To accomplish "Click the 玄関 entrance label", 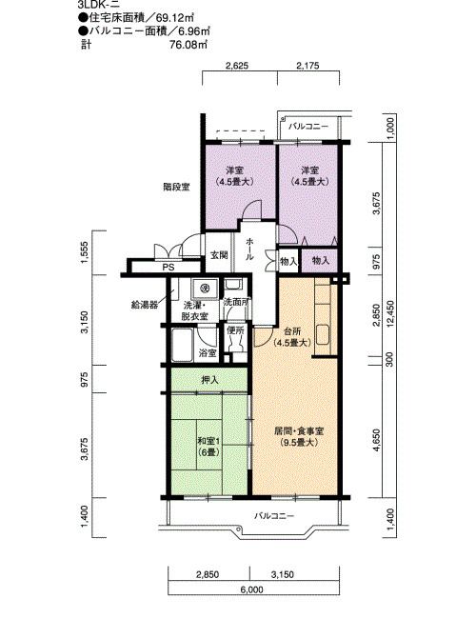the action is pyautogui.click(x=219, y=255).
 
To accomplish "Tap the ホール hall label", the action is pyautogui.click(x=249, y=249).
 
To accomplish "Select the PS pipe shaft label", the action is pyautogui.click(x=169, y=268).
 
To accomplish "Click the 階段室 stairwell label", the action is pyautogui.click(x=176, y=187).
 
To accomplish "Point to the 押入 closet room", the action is pyautogui.click(x=209, y=380).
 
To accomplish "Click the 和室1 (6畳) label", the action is pyautogui.click(x=208, y=446).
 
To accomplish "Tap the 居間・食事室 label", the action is pyautogui.click(x=299, y=436).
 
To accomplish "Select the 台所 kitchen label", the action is pyautogui.click(x=292, y=337).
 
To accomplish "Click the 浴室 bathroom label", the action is pyautogui.click(x=208, y=353).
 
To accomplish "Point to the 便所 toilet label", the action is pyautogui.click(x=235, y=330).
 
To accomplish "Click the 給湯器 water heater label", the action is pyautogui.click(x=145, y=305).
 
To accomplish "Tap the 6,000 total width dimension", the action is pyautogui.click(x=251, y=590).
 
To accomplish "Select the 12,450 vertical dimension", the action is pyautogui.click(x=389, y=314).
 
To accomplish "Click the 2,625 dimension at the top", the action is pyautogui.click(x=237, y=66).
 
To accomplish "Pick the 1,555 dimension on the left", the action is pyautogui.click(x=86, y=251).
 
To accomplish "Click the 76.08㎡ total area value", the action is pyautogui.click(x=188, y=44).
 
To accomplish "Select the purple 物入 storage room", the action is pyautogui.click(x=320, y=261).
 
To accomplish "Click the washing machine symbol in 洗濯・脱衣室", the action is pyautogui.click(x=205, y=289).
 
